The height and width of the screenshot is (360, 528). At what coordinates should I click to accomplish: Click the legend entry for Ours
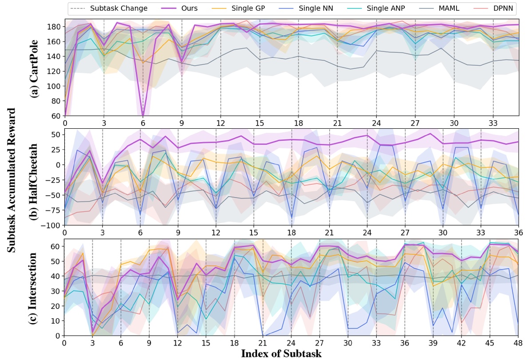[x=182, y=8]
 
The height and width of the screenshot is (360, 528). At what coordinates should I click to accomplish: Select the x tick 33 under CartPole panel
[x=493, y=122]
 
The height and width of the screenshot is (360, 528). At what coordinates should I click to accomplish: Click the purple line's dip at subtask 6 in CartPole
[x=143, y=115]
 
